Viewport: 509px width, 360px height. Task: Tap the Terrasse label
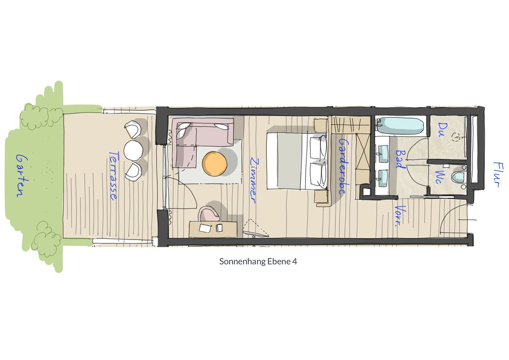(113, 176)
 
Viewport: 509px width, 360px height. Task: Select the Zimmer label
(254, 181)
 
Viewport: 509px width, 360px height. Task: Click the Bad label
(400, 159)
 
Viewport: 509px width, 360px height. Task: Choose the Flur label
(499, 174)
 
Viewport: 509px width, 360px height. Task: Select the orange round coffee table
(215, 164)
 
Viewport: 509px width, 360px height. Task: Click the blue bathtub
(400, 126)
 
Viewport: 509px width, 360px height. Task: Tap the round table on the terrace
(133, 150)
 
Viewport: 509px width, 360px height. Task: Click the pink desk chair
(208, 214)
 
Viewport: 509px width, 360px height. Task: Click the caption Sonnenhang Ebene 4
(258, 262)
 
